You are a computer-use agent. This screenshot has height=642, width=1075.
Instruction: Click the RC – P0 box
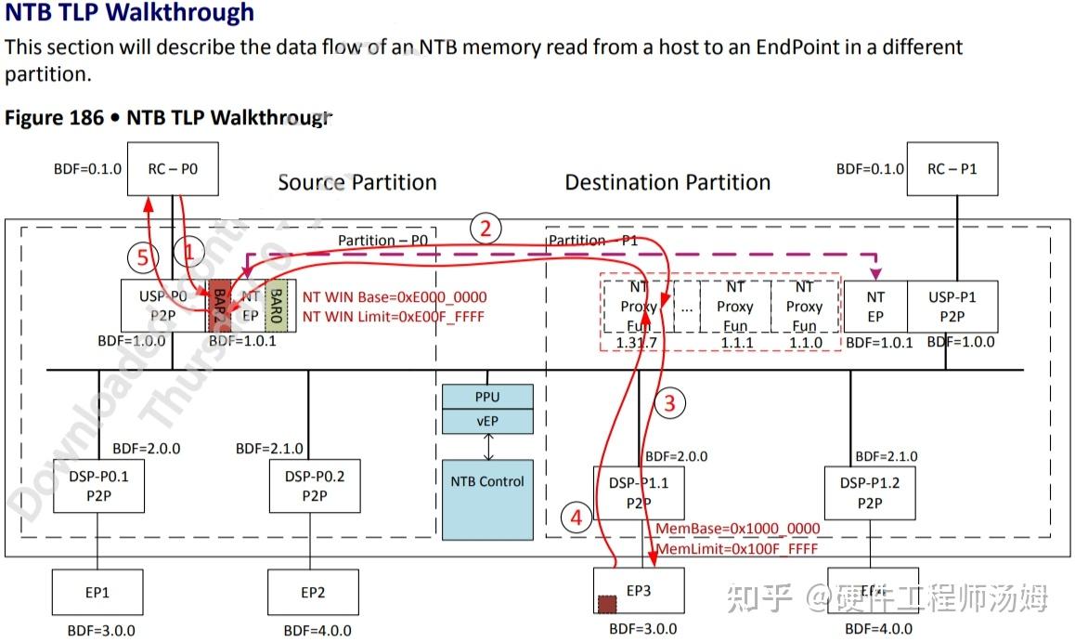pos(173,169)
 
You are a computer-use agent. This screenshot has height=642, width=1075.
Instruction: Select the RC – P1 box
pos(952,169)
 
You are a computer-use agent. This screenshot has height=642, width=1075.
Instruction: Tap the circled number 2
pos(485,229)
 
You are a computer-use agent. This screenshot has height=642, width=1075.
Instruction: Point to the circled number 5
pos(142,258)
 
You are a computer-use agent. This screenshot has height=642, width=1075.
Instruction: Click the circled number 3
pos(670,402)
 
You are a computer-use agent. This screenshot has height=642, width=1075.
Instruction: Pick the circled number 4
pos(576,518)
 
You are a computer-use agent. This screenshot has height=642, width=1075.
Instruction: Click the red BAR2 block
pos(219,305)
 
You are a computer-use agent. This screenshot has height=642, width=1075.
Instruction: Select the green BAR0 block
pos(277,306)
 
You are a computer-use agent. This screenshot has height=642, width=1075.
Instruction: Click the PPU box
pos(488,397)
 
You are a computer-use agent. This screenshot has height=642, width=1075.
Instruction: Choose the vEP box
pos(488,421)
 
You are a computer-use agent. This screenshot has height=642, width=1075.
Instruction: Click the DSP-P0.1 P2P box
pos(98,486)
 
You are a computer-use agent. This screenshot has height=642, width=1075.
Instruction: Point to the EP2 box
pos(313,592)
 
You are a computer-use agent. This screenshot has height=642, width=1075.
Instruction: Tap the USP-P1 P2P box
pos(952,307)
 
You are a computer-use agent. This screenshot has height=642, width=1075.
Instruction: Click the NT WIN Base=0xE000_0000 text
pos(395,297)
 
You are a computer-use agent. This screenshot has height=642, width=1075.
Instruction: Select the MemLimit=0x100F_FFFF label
pos(737,548)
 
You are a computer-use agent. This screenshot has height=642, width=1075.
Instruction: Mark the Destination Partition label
pos(667,182)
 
